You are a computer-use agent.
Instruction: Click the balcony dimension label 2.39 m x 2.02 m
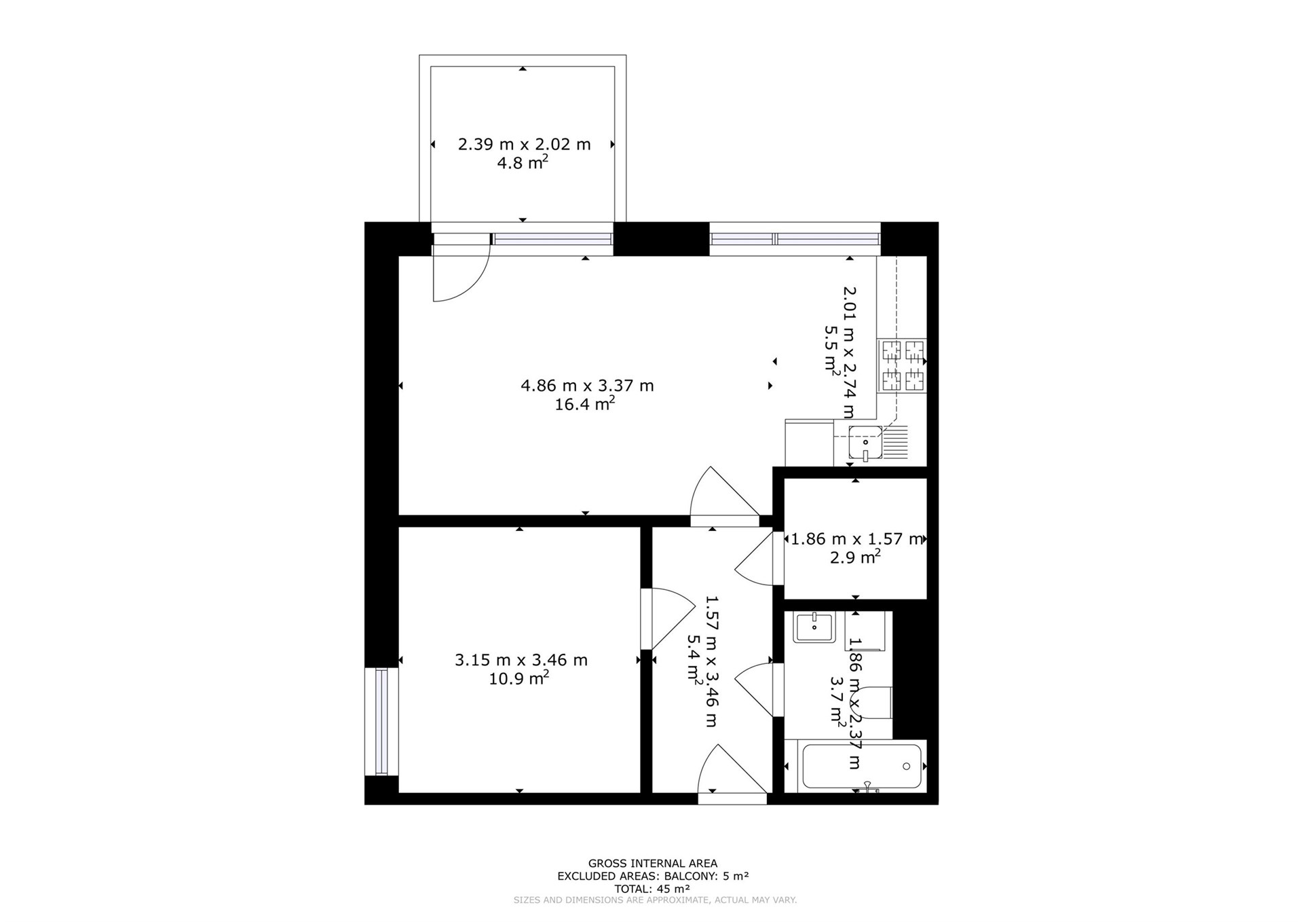(524, 144)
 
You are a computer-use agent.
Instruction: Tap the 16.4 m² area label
(585, 404)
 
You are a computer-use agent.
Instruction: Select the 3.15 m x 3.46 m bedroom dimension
(521, 660)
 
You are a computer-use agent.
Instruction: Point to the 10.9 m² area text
(519, 678)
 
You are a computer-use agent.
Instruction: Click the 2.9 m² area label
(855, 557)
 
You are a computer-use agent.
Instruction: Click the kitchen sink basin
(865, 442)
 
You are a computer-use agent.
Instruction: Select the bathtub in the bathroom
(862, 767)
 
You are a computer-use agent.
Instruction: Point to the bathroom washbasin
(814, 627)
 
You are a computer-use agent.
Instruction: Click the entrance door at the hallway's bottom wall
(732, 774)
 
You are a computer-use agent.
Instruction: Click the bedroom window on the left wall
(381, 721)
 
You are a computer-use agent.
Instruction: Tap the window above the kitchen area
(795, 239)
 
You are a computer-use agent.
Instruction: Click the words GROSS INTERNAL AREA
(652, 864)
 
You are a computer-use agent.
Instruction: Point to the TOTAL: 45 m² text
(652, 889)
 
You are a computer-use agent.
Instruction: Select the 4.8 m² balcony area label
(523, 163)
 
